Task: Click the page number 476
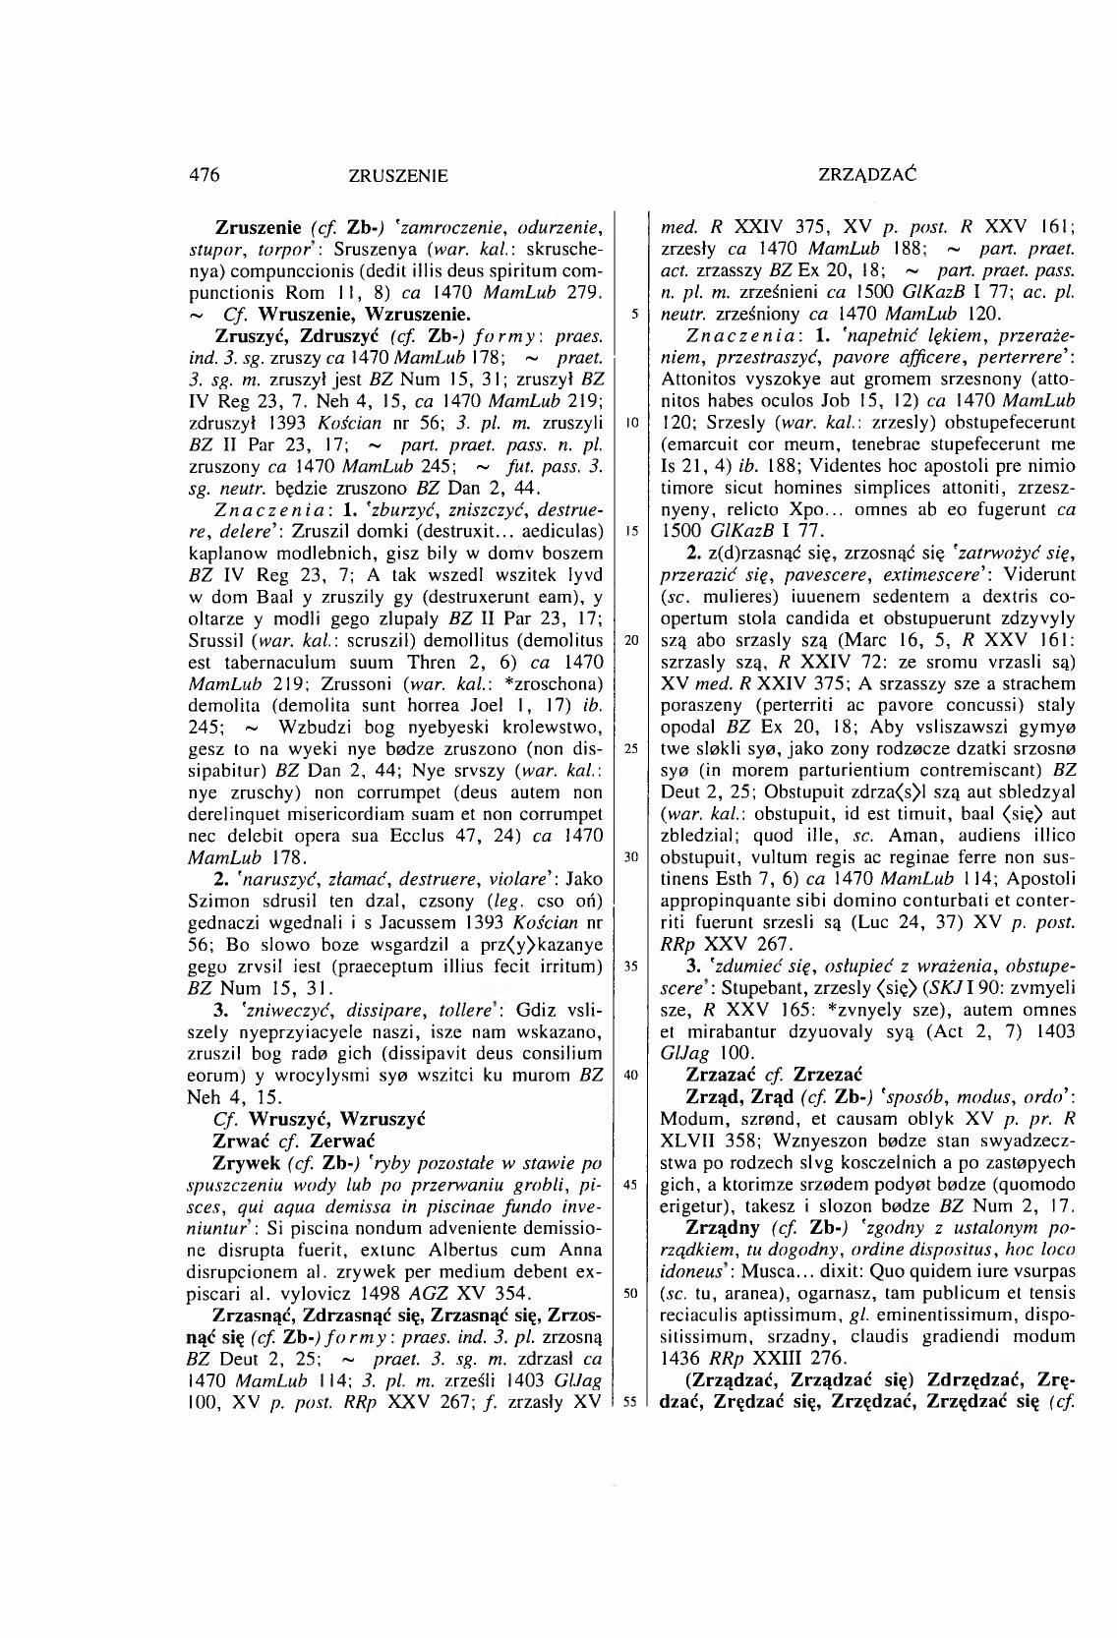pos(204,175)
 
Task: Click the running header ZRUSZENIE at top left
pos(398,176)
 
